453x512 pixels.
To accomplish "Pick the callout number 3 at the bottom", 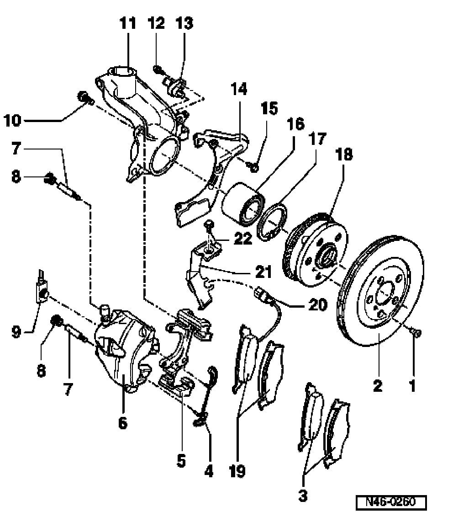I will click(x=302, y=495).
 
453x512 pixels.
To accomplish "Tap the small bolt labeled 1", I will click(x=416, y=332).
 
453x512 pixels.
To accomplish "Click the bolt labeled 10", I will click(x=84, y=97).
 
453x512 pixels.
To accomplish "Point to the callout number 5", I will click(x=181, y=460).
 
